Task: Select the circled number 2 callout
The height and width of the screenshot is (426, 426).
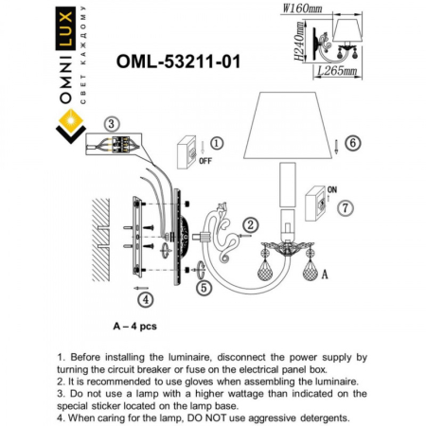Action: click(250, 224)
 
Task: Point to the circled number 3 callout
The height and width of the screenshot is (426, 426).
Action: click(111, 123)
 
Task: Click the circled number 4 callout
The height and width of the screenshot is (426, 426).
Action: click(144, 300)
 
